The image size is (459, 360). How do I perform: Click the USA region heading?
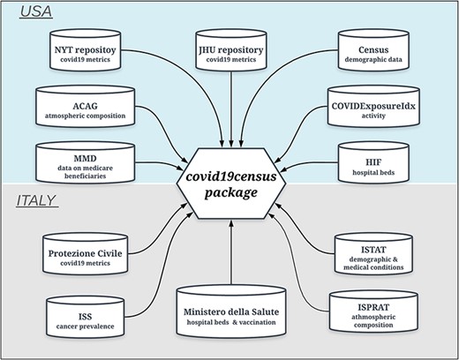point(29,13)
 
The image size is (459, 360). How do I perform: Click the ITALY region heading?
point(36,202)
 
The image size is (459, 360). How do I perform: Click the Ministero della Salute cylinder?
point(231,313)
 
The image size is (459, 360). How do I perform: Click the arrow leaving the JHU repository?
point(231,106)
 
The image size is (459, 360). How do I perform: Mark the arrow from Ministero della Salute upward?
point(231,256)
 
